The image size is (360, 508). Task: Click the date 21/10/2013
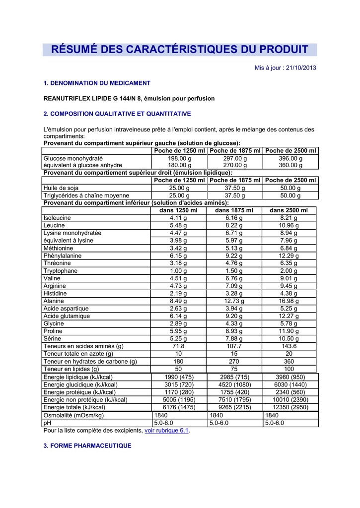click(299, 68)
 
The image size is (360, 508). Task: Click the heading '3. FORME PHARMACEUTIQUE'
click(87, 445)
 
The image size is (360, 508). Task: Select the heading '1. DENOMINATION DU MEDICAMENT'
click(97, 83)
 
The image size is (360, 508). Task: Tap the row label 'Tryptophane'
click(61, 271)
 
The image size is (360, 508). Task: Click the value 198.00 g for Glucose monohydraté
click(179, 158)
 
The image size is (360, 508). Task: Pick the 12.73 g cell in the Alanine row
click(234, 301)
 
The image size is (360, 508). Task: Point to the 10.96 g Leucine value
click(289, 226)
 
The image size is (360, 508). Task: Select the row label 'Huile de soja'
click(61, 189)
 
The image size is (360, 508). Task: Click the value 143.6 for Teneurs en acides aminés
click(289, 346)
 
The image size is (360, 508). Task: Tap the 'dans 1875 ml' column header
click(234, 210)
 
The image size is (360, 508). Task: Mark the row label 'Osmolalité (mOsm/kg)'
click(73, 415)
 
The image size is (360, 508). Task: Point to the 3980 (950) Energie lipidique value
click(289, 377)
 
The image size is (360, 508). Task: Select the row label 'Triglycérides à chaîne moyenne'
click(86, 196)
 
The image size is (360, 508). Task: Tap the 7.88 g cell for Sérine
click(234, 339)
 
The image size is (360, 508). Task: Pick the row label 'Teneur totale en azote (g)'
click(78, 354)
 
